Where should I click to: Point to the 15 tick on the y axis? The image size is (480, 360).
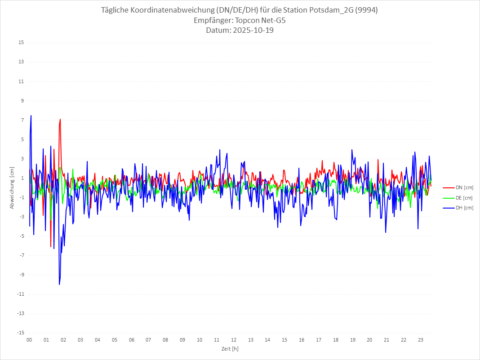(x=21, y=43)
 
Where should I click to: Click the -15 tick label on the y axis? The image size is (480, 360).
(x=20, y=333)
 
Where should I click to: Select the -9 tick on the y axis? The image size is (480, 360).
(x=21, y=275)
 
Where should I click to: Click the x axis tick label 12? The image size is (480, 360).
(x=234, y=340)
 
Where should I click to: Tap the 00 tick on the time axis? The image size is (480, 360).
(x=29, y=340)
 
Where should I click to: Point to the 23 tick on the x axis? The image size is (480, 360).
(x=421, y=340)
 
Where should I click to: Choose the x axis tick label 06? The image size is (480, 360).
(x=131, y=340)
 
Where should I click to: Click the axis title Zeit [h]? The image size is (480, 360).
(x=230, y=349)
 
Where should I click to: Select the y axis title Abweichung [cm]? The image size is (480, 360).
(x=13, y=188)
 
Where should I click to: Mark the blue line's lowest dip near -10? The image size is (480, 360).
(x=59, y=284)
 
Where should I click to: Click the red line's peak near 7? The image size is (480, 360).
(x=60, y=119)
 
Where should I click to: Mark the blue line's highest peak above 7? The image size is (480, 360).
(x=31, y=116)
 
